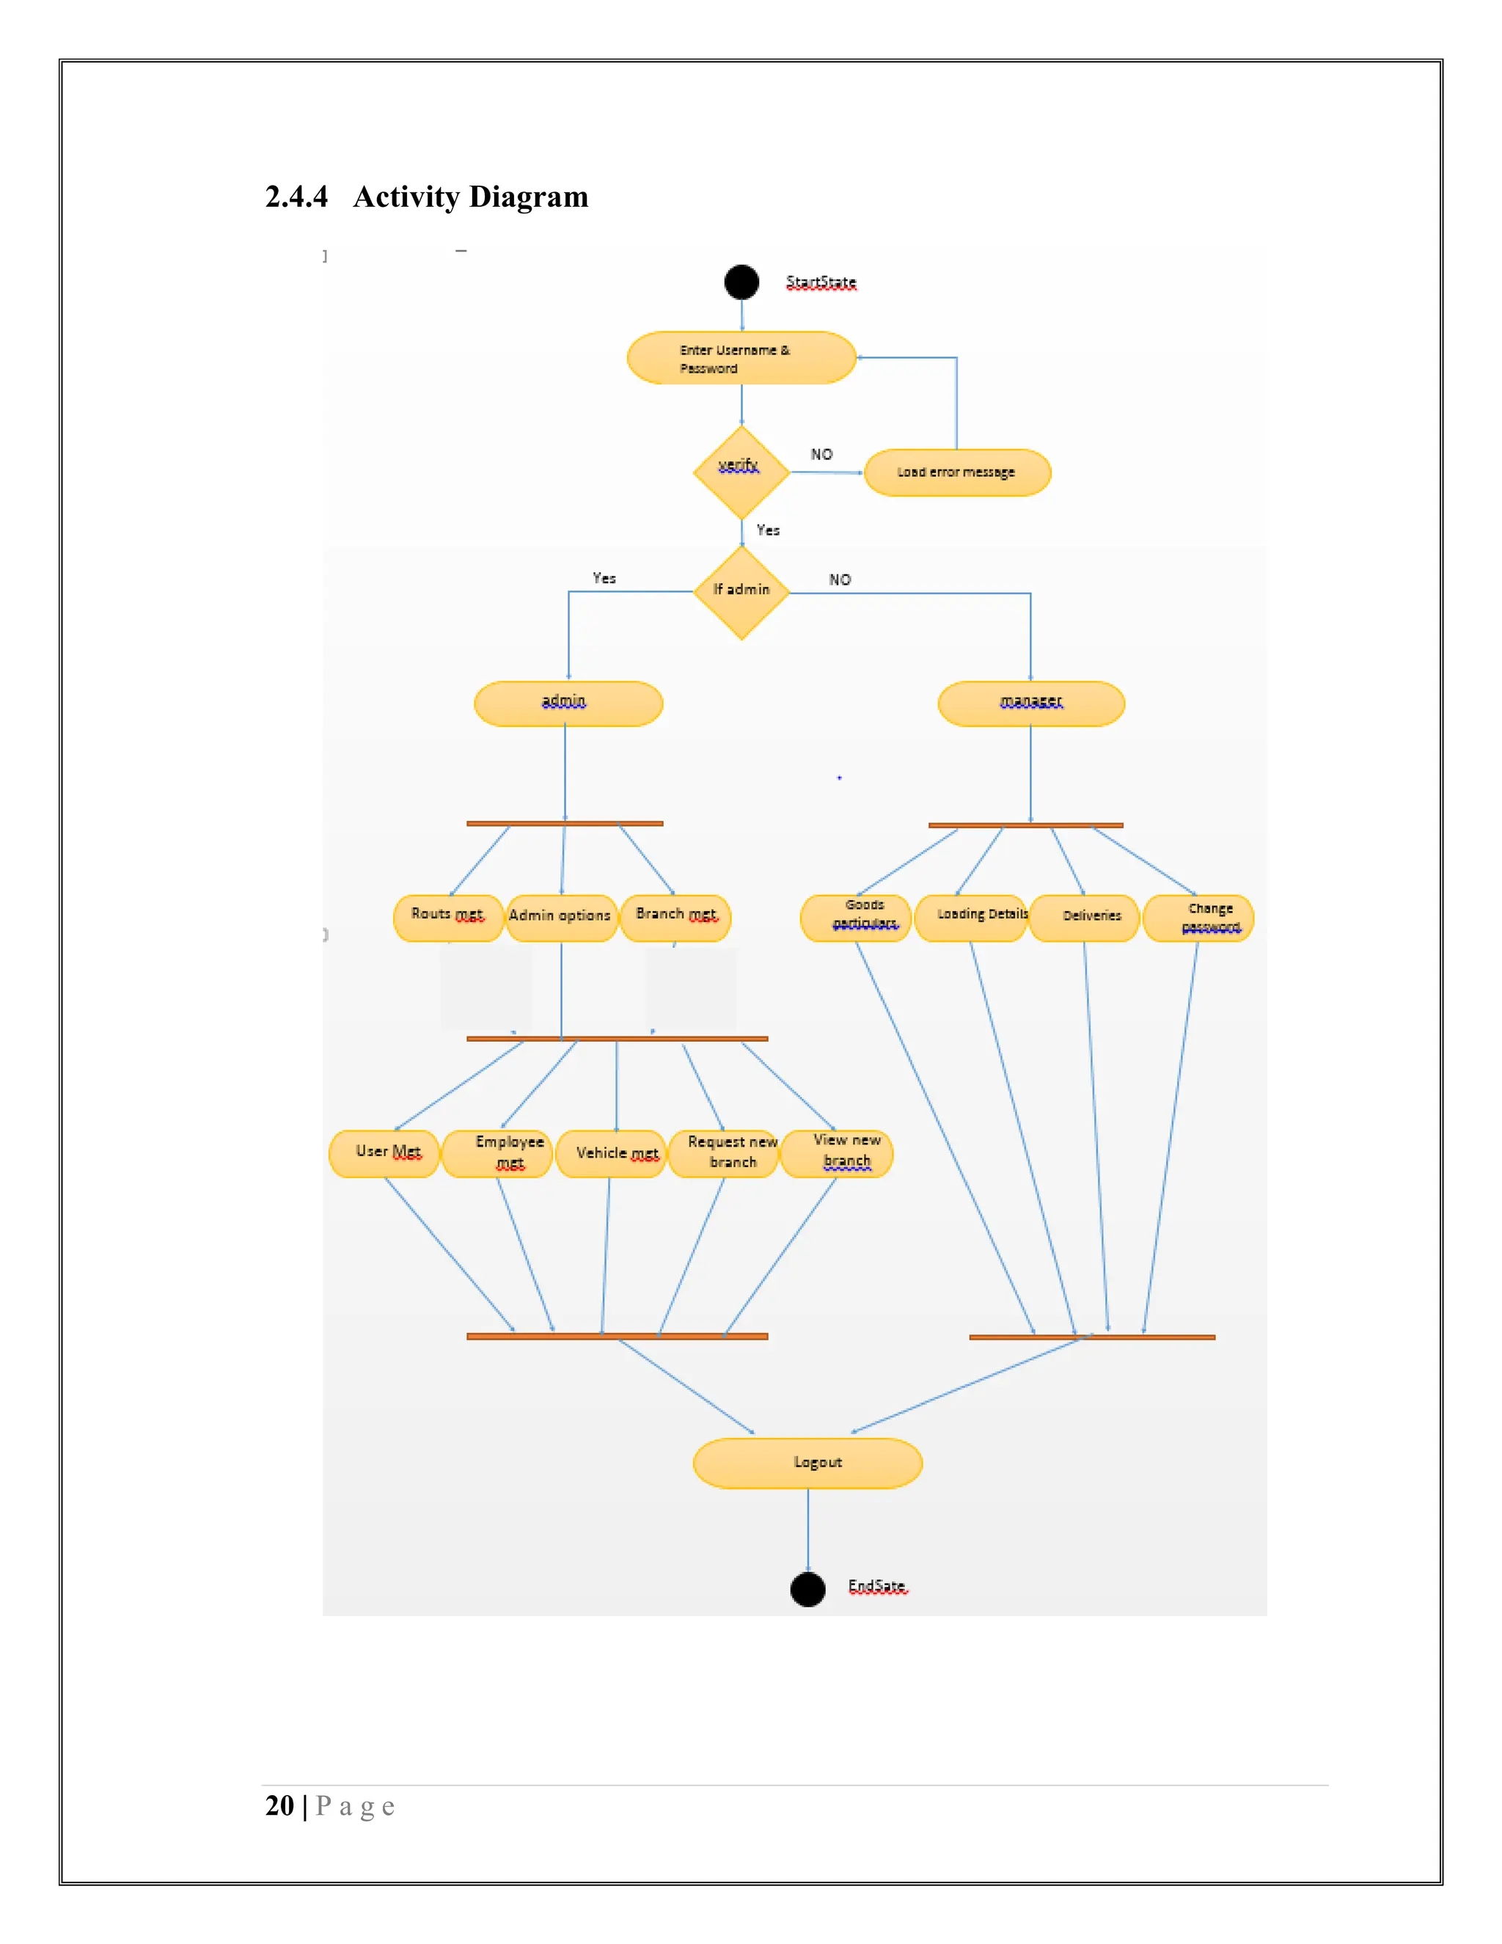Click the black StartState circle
(741, 282)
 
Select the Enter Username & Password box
(741, 358)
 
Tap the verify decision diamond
(741, 472)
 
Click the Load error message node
(956, 472)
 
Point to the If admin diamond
(741, 592)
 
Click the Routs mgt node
(447, 918)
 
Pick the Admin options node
(560, 918)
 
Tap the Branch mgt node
(675, 918)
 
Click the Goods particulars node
(855, 918)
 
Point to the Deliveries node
(1084, 918)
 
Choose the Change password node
(1198, 918)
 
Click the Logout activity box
(807, 1463)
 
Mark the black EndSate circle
(807, 1589)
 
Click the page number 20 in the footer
(279, 1805)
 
